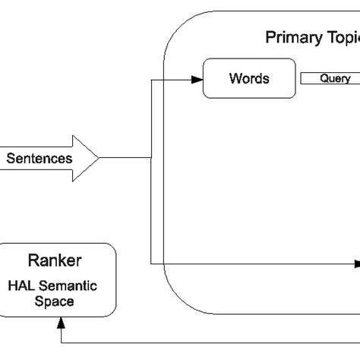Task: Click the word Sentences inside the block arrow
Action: coord(39,159)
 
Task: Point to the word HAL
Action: coord(23,286)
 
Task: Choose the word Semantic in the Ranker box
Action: coord(74,286)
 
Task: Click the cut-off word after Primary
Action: coord(342,37)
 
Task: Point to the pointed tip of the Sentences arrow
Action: coord(99,159)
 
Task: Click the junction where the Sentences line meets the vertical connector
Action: coord(152,159)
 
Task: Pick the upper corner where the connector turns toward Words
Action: coord(152,78)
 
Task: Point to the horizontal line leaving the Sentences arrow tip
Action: coord(125,159)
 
